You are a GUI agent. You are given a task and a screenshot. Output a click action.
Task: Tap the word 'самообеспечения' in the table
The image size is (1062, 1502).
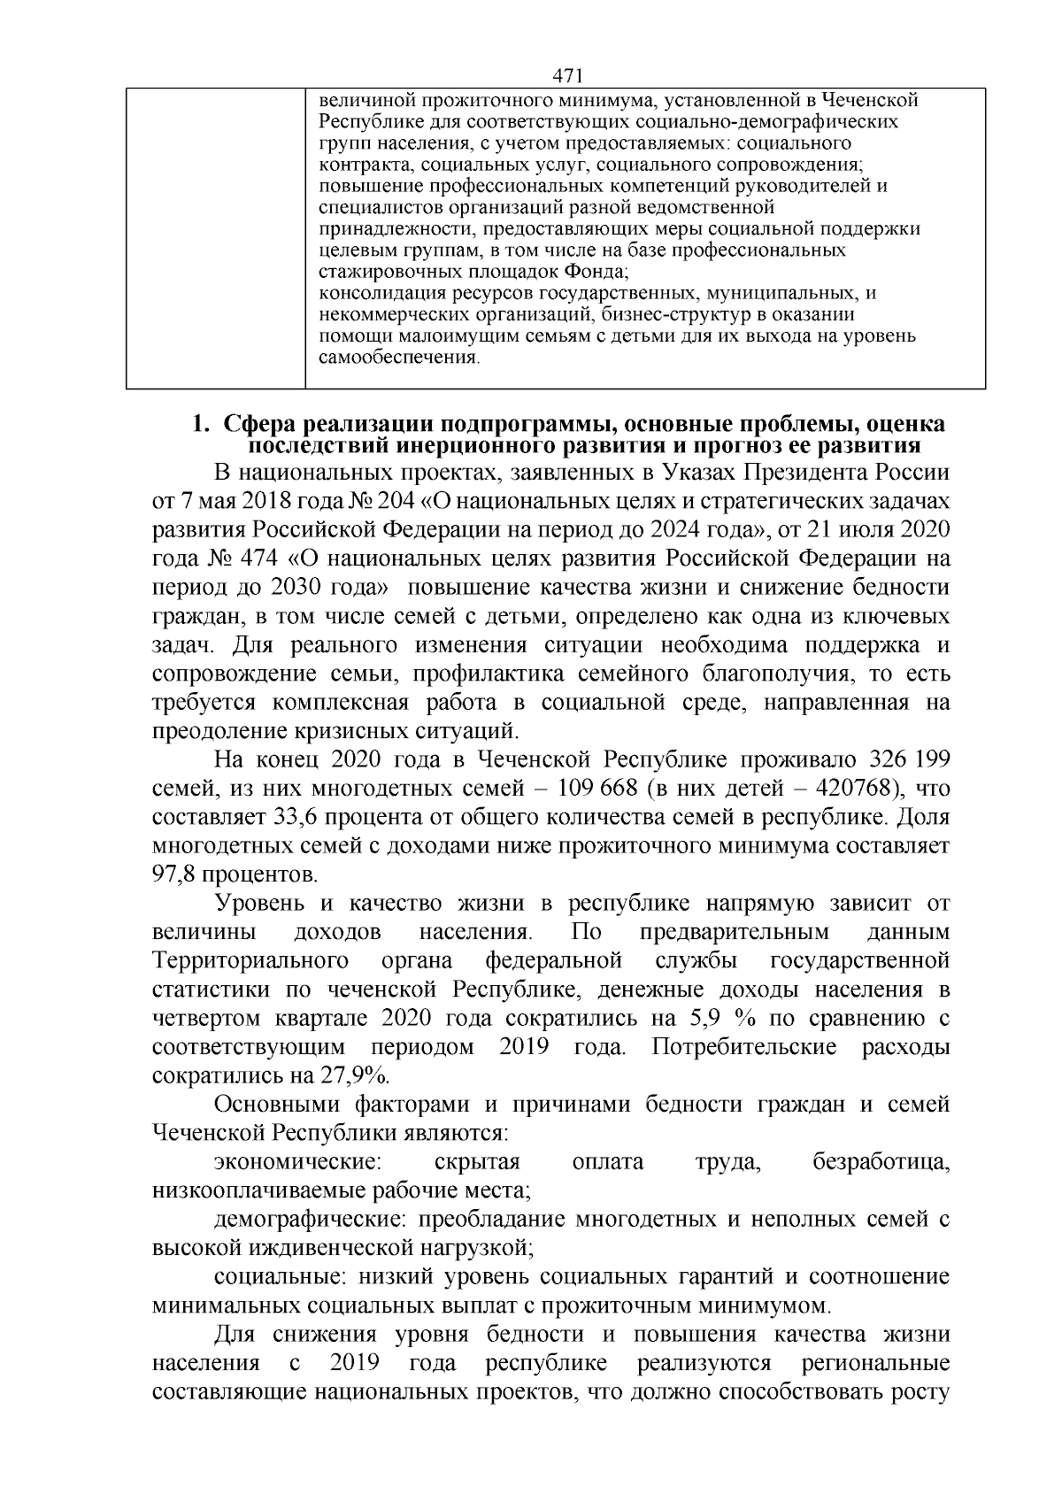click(x=397, y=358)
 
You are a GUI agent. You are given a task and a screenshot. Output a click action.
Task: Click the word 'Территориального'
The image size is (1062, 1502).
click(x=249, y=960)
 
